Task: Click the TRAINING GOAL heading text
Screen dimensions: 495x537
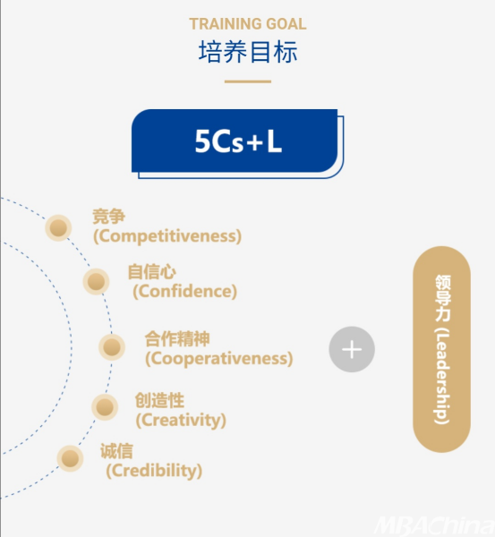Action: pyautogui.click(x=248, y=24)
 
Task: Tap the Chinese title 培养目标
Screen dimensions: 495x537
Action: pyautogui.click(x=248, y=52)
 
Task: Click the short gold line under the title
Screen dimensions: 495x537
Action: pyautogui.click(x=248, y=81)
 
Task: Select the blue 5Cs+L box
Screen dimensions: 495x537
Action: pyautogui.click(x=237, y=143)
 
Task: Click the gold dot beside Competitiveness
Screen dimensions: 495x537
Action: pyautogui.click(x=58, y=227)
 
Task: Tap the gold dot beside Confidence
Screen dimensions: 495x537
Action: pyautogui.click(x=97, y=282)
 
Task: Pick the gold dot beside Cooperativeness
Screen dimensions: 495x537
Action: pyautogui.click(x=112, y=347)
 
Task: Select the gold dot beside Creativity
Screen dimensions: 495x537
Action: pyautogui.click(x=105, y=407)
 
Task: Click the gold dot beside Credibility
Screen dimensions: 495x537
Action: pyautogui.click(x=70, y=458)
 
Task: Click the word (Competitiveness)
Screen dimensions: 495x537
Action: pyautogui.click(x=167, y=236)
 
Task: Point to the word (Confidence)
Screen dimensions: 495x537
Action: pyautogui.click(x=185, y=292)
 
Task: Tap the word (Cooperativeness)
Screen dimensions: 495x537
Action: pyautogui.click(x=219, y=359)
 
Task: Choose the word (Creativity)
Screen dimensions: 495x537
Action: pyautogui.click(x=181, y=420)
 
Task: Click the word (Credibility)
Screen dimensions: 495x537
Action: pyautogui.click(x=154, y=471)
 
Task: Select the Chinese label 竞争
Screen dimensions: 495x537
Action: pyautogui.click(x=109, y=217)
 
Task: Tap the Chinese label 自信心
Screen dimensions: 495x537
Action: pyautogui.click(x=152, y=272)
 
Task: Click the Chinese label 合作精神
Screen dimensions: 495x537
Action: pyautogui.click(x=177, y=339)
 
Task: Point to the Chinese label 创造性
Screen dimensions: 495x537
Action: pyautogui.click(x=159, y=400)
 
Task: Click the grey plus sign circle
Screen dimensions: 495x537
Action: pyautogui.click(x=352, y=349)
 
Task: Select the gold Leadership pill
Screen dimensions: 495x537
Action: pyautogui.click(x=441, y=349)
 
